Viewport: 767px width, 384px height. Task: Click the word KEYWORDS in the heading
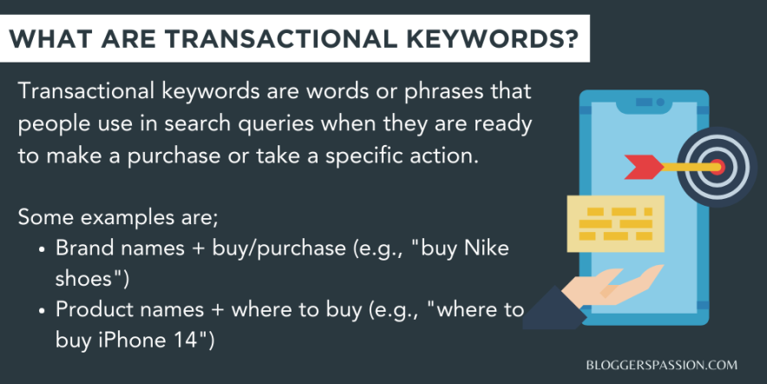(x=482, y=41)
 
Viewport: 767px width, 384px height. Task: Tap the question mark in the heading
(x=569, y=41)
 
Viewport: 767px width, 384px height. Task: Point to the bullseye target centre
(x=717, y=165)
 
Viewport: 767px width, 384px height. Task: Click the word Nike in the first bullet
(x=488, y=248)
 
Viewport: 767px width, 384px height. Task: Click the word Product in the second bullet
(x=91, y=308)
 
